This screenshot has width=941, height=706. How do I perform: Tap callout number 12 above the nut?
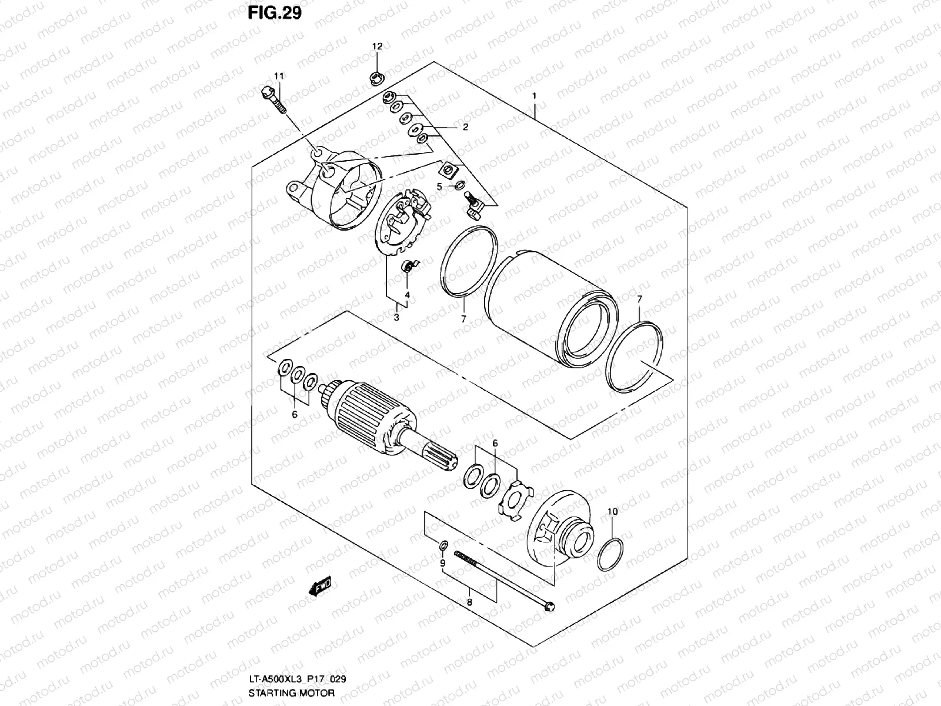[x=377, y=46]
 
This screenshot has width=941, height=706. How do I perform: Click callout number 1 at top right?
[x=535, y=96]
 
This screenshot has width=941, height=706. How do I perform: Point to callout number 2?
[x=465, y=127]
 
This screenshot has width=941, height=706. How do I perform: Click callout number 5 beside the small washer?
[x=439, y=187]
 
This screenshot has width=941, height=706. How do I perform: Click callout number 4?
[x=406, y=294]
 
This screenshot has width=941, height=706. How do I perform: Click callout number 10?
[x=612, y=512]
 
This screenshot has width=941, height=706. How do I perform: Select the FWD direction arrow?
[x=319, y=587]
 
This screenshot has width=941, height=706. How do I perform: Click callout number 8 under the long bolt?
[x=469, y=602]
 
